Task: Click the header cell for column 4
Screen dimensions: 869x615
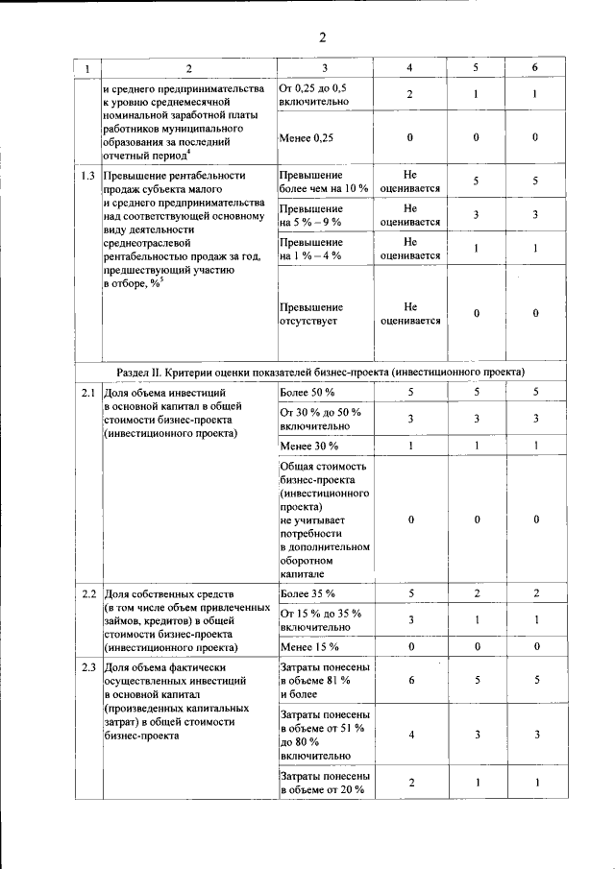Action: pyautogui.click(x=409, y=68)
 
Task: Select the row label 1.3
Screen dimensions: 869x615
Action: pyautogui.click(x=87, y=176)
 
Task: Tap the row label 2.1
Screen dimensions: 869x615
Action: pyautogui.click(x=87, y=393)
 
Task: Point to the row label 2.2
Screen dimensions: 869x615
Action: pyautogui.click(x=87, y=593)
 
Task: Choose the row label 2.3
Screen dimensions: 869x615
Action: pyautogui.click(x=87, y=666)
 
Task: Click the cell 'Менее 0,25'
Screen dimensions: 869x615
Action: pyautogui.click(x=307, y=137)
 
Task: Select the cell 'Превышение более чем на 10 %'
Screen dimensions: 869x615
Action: pyautogui.click(x=324, y=181)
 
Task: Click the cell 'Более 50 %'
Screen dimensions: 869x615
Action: pyautogui.click(x=307, y=392)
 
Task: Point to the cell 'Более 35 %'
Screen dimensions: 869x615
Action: pyautogui.click(x=307, y=592)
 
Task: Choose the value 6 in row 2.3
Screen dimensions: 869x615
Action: pyautogui.click(x=410, y=680)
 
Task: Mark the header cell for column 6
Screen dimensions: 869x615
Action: pyautogui.click(x=535, y=68)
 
